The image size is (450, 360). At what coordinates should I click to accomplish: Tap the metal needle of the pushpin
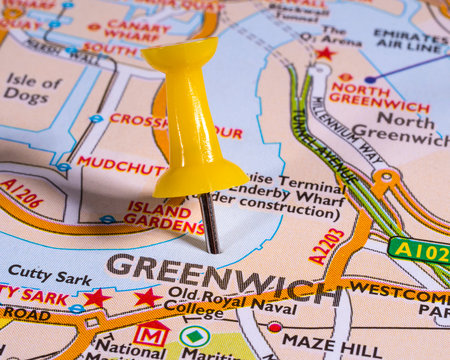coord(210,223)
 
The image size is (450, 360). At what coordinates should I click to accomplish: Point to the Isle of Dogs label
coord(32,88)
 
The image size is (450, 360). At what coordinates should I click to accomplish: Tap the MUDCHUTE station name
coord(120,164)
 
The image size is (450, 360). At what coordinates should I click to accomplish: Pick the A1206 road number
coord(22,192)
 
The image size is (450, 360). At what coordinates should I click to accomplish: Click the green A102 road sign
coord(419,250)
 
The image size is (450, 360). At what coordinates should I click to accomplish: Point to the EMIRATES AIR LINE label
coord(410,41)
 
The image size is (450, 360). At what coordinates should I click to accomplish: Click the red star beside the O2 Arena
coord(324,54)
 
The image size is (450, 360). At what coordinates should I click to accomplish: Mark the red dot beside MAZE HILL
coord(274,327)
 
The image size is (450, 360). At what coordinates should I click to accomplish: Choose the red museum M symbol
coord(151,335)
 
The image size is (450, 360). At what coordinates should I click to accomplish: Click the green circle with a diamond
coord(194,336)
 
